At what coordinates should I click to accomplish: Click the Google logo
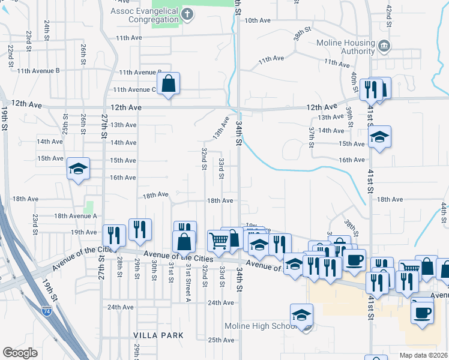20,353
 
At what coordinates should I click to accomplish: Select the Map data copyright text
424,355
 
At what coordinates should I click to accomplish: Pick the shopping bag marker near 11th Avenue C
169,85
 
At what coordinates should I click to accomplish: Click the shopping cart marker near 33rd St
218,241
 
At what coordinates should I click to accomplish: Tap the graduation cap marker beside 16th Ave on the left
79,169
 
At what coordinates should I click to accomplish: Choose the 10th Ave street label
258,20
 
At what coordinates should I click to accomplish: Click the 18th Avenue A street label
75,216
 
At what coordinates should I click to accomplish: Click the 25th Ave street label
220,340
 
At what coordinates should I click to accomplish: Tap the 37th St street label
312,137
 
